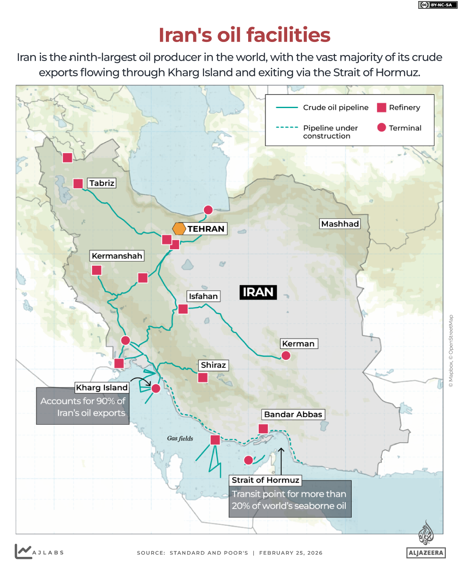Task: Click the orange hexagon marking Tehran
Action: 179,229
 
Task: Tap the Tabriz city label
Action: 102,183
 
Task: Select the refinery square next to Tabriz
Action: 78,184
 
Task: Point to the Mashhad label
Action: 340,224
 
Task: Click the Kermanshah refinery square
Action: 97,270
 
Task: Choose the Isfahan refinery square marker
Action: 183,309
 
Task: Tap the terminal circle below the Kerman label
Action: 286,356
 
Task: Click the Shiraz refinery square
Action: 203,378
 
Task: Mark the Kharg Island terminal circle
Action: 156,388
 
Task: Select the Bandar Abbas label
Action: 293,414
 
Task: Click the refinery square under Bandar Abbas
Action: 263,428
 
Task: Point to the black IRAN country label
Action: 258,292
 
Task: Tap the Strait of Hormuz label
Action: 266,480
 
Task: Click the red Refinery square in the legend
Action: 382,108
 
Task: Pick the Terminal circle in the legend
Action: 382,128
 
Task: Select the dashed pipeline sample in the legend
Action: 287,127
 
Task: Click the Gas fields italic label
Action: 180,439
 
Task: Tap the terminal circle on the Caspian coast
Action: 208,210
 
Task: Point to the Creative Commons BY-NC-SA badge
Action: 438,5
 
